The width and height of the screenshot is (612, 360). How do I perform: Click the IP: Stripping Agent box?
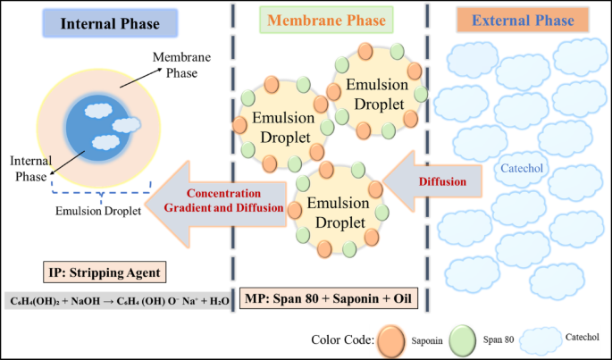107,272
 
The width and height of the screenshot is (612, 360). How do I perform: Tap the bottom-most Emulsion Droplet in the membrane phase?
338,207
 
